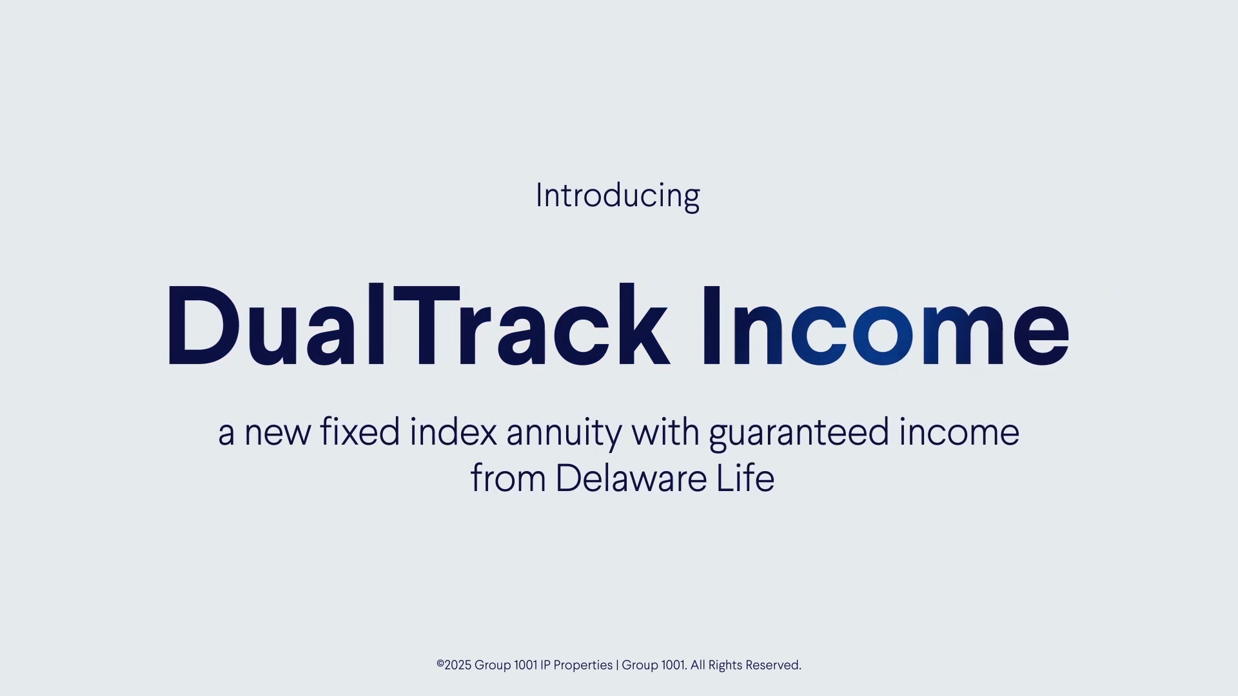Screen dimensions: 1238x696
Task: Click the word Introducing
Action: click(x=618, y=196)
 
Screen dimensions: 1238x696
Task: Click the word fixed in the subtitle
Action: click(x=360, y=431)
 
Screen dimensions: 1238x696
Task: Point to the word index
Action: click(x=453, y=431)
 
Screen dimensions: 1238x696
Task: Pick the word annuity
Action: click(x=564, y=434)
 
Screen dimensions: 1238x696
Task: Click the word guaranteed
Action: click(x=799, y=434)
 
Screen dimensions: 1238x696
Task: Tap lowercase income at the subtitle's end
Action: click(x=959, y=431)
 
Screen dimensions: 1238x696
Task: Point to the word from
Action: click(x=508, y=478)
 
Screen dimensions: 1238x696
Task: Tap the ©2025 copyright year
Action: click(x=454, y=665)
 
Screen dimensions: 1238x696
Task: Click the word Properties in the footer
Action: click(x=583, y=666)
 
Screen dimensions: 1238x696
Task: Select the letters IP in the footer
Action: click(x=545, y=665)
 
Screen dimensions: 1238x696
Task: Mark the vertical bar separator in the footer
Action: click(x=617, y=666)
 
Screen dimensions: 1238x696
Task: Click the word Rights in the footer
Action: click(x=725, y=666)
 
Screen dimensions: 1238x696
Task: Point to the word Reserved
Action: click(x=773, y=665)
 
